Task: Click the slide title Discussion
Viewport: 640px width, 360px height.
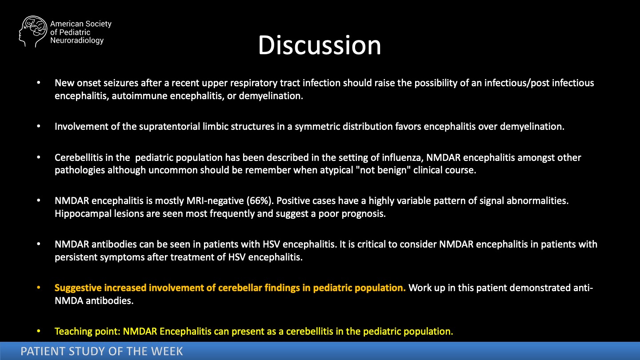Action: point(320,45)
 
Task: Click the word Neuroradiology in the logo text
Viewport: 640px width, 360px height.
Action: point(77,40)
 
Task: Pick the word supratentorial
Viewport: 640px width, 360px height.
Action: point(169,127)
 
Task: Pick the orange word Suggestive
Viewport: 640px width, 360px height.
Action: point(78,288)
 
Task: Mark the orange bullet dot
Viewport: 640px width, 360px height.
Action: point(39,288)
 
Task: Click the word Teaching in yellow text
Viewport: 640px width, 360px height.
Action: point(73,332)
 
